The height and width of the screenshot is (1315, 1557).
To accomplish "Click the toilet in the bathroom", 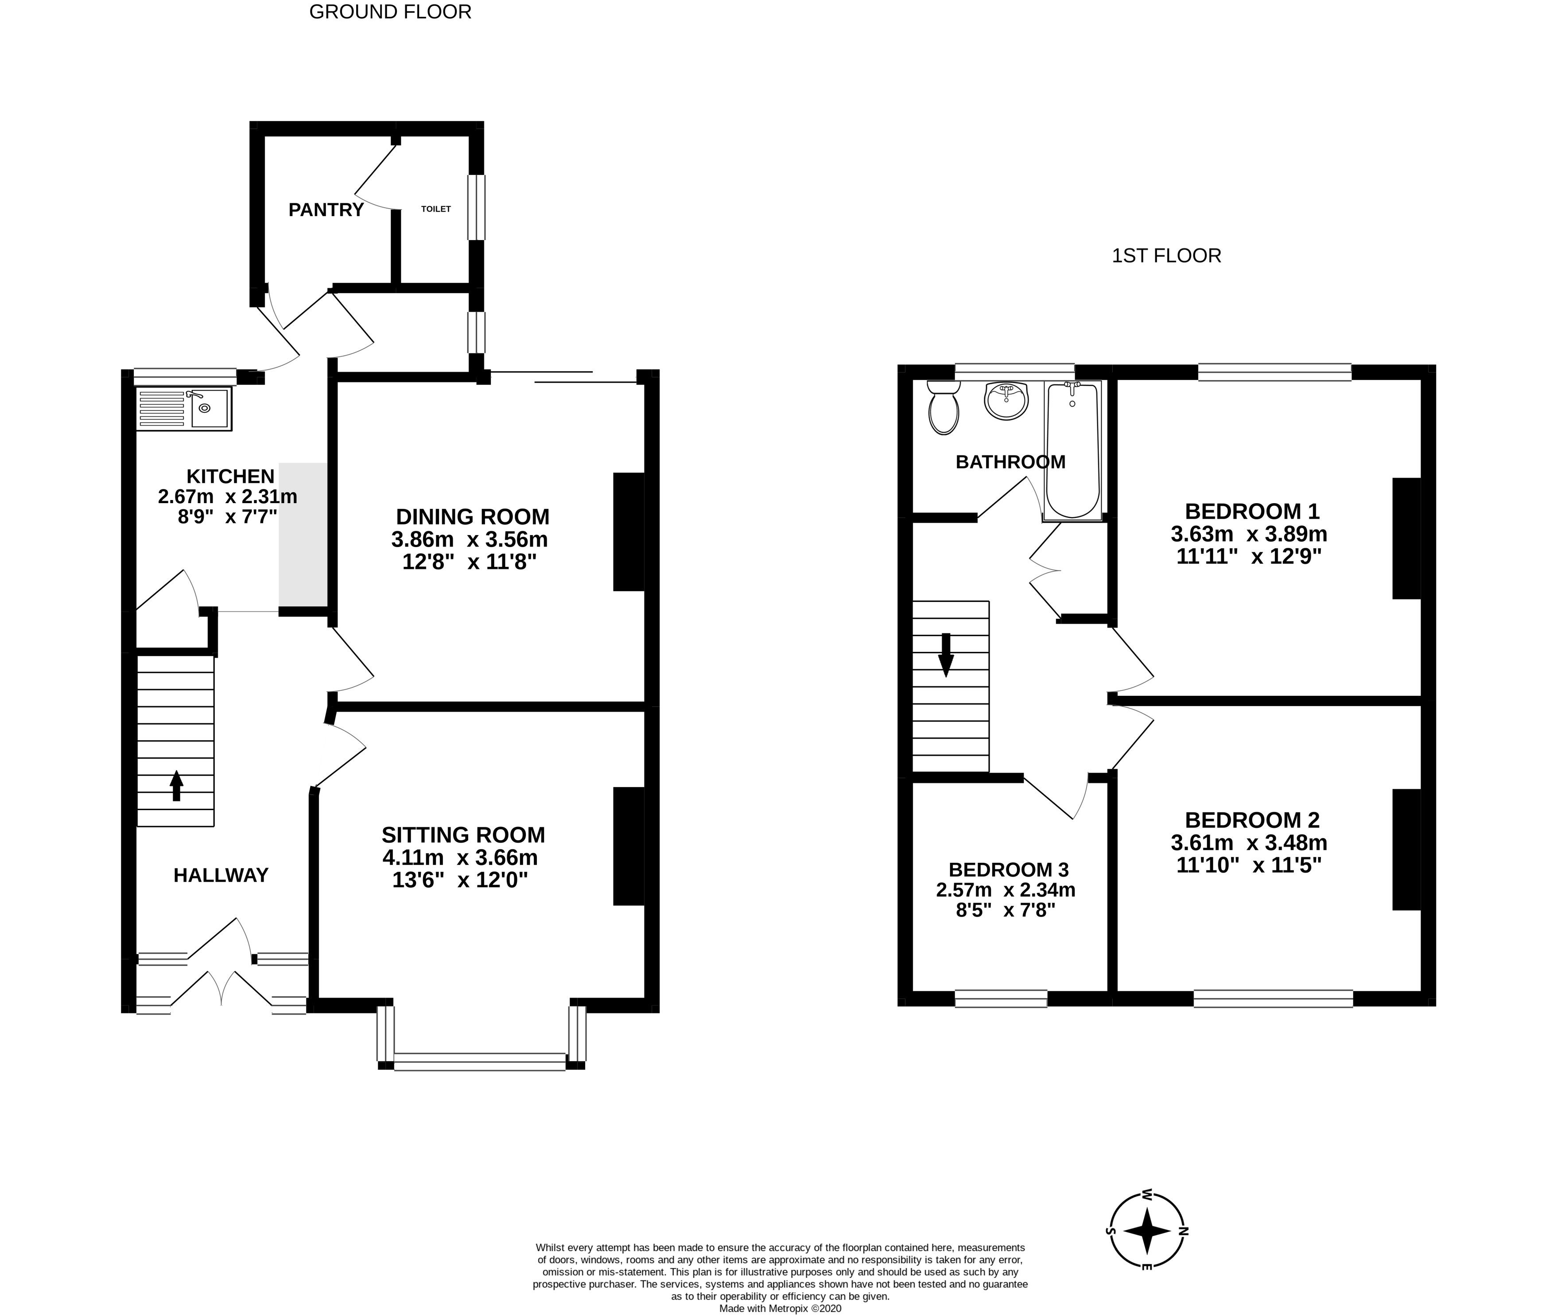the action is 944,407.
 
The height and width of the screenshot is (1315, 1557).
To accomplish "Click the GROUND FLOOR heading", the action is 390,12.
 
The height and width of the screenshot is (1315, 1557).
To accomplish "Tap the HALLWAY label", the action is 221,875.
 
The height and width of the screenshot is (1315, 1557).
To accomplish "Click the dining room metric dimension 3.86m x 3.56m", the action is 470,539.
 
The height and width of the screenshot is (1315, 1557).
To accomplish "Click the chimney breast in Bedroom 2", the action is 1406,850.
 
